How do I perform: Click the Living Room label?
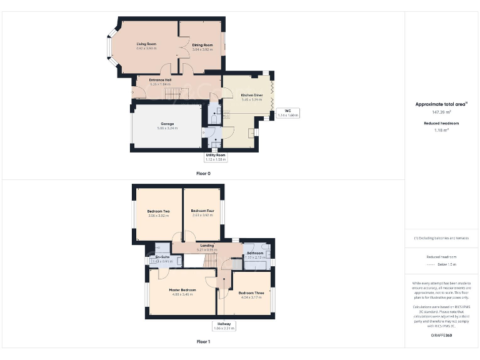coord(146,44)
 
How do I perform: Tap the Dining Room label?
coord(202,45)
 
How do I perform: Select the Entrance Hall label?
coord(160,81)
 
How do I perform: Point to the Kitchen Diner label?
coord(252,95)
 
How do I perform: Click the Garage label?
coord(167,124)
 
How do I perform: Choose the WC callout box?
coord(289,113)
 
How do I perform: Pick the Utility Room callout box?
coord(216,157)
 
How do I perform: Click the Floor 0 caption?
coord(203,173)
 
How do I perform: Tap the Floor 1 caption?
coord(203,342)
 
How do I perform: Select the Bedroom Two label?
coord(158,212)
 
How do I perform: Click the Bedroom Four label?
coord(202,211)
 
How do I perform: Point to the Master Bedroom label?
coord(182,291)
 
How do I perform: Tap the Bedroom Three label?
coord(251,293)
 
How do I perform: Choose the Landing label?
coord(206,246)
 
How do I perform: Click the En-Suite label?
coord(162,257)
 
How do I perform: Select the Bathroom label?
coord(254,253)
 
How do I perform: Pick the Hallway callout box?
coord(223,325)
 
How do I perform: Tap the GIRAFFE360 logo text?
coord(441,336)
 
